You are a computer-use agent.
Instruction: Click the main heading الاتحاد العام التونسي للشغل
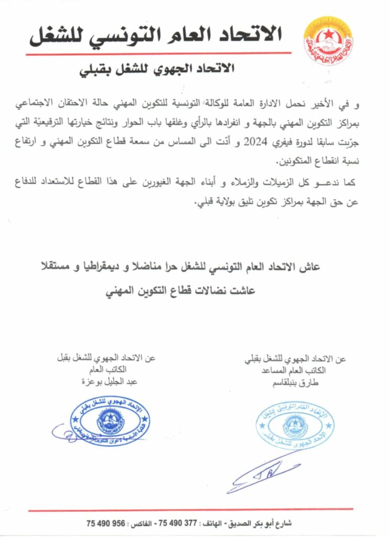click(x=156, y=35)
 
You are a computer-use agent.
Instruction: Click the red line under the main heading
click(x=157, y=53)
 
